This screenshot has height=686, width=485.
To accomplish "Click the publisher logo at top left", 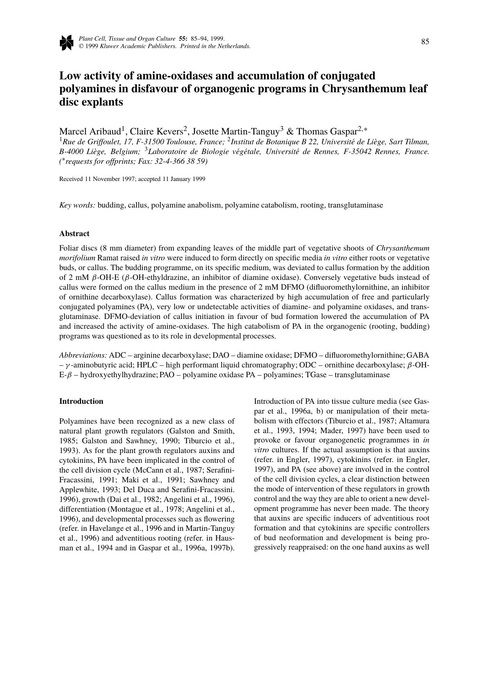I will [x=66, y=43].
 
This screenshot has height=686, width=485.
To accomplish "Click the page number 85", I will [x=425, y=42].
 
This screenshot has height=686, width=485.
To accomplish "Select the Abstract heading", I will [x=74, y=233].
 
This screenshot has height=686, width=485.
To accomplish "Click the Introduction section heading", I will [x=81, y=401].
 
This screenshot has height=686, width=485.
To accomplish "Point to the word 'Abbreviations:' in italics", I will [x=83, y=355].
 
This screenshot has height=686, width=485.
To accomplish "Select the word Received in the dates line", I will [x=70, y=179].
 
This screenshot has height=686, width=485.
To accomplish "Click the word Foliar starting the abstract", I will [x=68, y=248].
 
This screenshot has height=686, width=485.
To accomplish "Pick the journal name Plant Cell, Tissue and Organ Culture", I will [x=127, y=39].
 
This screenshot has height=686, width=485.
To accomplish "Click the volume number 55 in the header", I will [x=183, y=39].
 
